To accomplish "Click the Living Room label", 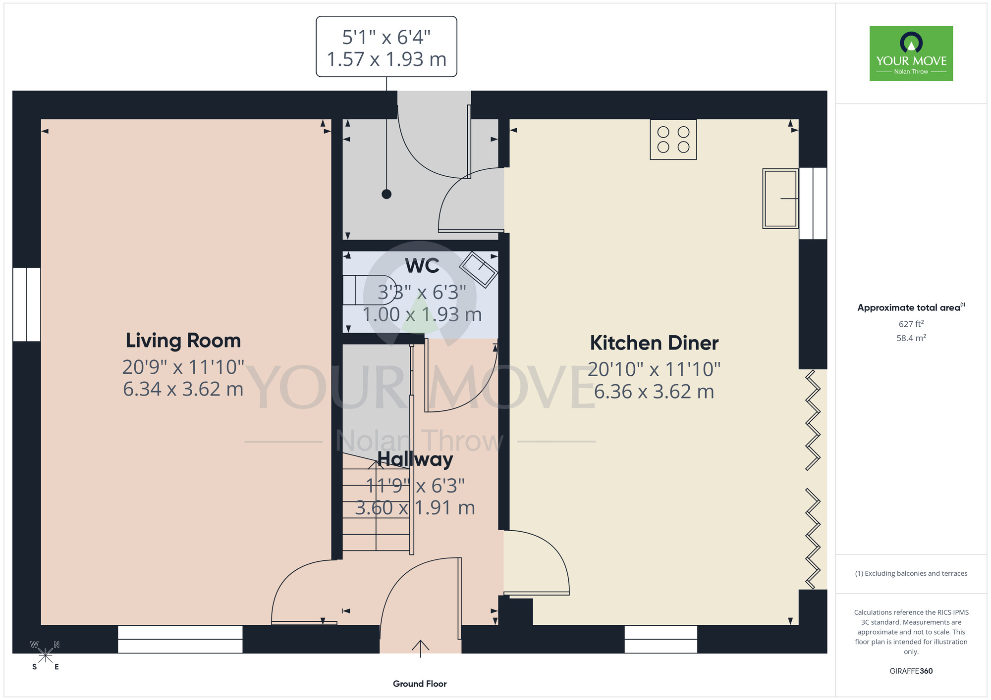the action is (183, 341).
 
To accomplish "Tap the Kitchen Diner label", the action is (654, 343).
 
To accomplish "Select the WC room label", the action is (422, 266).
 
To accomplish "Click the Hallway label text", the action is (415, 459).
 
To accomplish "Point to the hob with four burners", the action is (673, 140).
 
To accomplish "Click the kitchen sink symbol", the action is (780, 199).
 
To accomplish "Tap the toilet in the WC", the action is (369, 290).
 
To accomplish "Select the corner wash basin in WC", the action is (479, 270).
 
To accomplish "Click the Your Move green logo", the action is (911, 53).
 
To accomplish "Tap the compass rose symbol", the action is (45, 655).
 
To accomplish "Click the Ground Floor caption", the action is (420, 684).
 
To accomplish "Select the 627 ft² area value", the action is (911, 324).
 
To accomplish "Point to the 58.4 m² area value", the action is (911, 338).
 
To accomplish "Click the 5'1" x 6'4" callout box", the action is (386, 47).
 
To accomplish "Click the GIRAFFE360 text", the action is (911, 671).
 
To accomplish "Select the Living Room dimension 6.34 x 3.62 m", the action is (183, 389).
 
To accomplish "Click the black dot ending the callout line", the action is (386, 194).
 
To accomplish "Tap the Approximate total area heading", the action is (911, 307).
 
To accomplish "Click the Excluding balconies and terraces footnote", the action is (911, 573).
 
